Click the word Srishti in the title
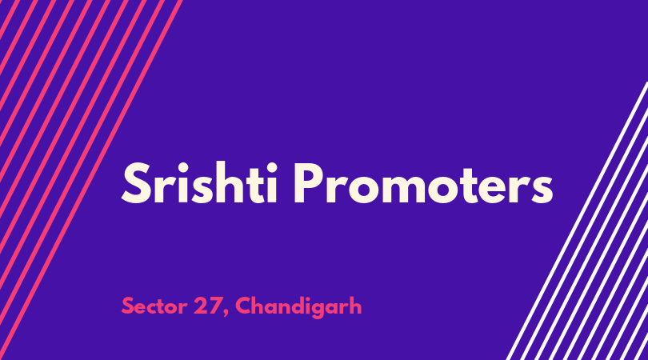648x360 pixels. point(199,183)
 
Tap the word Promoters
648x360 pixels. point(423,183)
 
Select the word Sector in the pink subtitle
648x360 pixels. point(154,306)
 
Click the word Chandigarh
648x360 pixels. point(298,307)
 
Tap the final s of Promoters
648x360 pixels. point(542,190)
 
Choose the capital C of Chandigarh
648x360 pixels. point(245,306)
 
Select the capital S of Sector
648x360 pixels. point(128,306)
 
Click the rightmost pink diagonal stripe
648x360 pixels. point(91,180)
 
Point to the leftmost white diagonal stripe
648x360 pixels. point(577,221)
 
